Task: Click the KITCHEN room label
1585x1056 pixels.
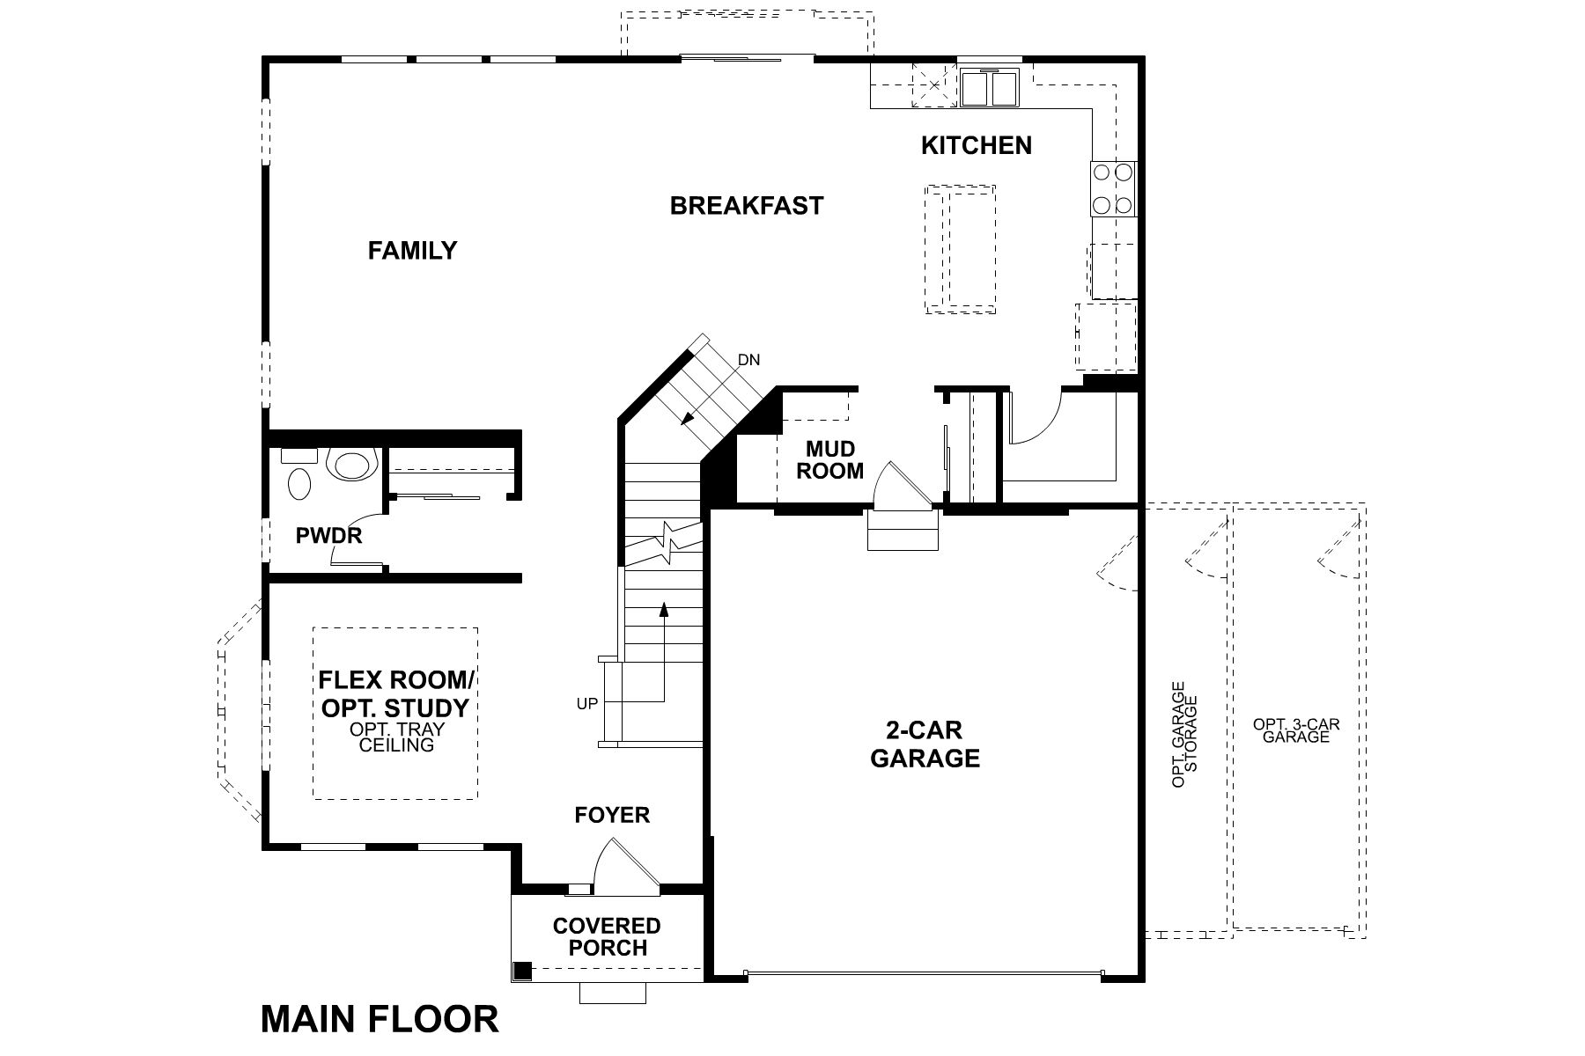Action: (x=976, y=145)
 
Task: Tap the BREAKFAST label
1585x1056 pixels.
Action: (x=746, y=206)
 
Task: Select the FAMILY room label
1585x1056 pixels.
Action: (x=412, y=251)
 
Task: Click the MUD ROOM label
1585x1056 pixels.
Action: (x=829, y=460)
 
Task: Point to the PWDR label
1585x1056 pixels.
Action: (x=328, y=535)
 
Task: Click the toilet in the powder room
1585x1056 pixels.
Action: (x=352, y=464)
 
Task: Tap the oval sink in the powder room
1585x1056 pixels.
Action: (x=299, y=484)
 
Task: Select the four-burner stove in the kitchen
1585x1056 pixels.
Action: (x=1112, y=189)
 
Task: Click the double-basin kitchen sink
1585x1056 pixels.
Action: (x=989, y=88)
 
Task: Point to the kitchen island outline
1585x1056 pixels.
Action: (x=960, y=249)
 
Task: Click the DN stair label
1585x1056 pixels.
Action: (x=748, y=360)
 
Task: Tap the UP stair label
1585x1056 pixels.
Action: (x=587, y=703)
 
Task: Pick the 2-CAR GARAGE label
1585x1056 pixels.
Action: (x=925, y=744)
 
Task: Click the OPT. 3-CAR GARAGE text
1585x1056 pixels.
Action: (x=1295, y=730)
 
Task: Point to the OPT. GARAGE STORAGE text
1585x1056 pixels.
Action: (x=1184, y=734)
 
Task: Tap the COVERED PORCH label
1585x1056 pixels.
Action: (x=607, y=936)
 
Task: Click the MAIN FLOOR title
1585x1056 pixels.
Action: (x=380, y=1019)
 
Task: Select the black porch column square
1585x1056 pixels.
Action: (x=522, y=971)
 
